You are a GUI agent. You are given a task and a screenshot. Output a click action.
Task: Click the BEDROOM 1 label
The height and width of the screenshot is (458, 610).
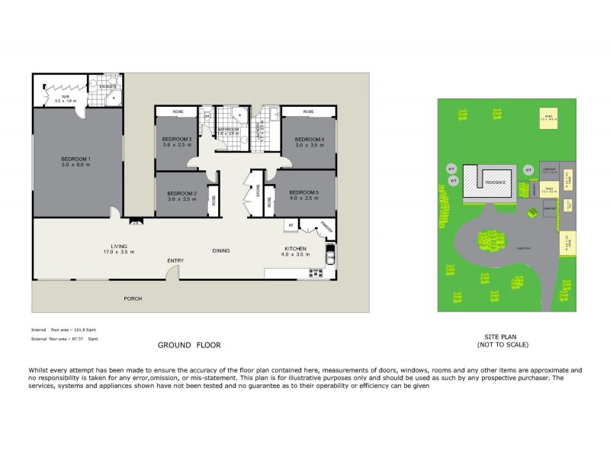pyautogui.click(x=76, y=159)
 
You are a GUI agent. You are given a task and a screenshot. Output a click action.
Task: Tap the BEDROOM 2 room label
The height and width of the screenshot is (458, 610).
pyautogui.click(x=182, y=193)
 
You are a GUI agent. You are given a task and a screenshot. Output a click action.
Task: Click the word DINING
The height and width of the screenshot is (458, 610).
pyautogui.click(x=221, y=250)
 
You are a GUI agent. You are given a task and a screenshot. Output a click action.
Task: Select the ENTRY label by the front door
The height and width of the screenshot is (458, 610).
pyautogui.click(x=175, y=261)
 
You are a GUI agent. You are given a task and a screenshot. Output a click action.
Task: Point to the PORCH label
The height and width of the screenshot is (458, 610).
pyautogui.click(x=133, y=298)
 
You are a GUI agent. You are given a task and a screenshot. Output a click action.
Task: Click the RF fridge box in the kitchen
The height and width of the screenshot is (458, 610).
pyautogui.click(x=291, y=224)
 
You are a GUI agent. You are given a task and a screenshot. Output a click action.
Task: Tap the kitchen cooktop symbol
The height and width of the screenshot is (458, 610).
pyautogui.click(x=329, y=255)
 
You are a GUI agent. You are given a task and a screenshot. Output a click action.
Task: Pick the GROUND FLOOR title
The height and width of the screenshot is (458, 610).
pyautogui.click(x=189, y=345)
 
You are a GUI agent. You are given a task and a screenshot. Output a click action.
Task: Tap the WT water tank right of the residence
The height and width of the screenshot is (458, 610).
pyautogui.click(x=528, y=169)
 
